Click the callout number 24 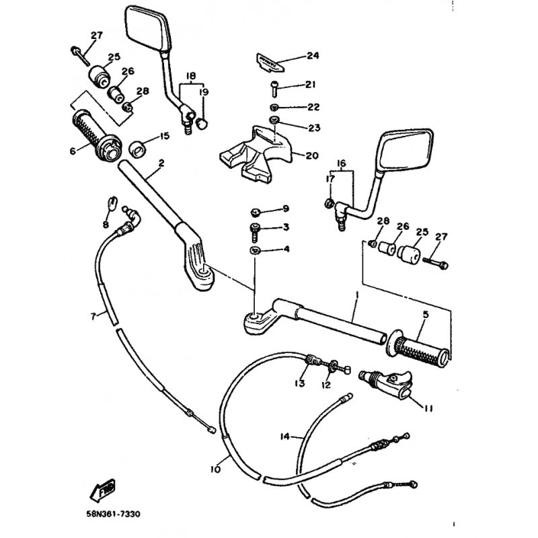tap(311, 56)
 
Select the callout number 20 tap(311, 155)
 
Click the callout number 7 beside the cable tap(94, 315)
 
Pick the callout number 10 tap(215, 469)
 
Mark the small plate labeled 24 tap(270, 61)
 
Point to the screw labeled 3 tap(256, 231)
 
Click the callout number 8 tap(106, 223)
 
